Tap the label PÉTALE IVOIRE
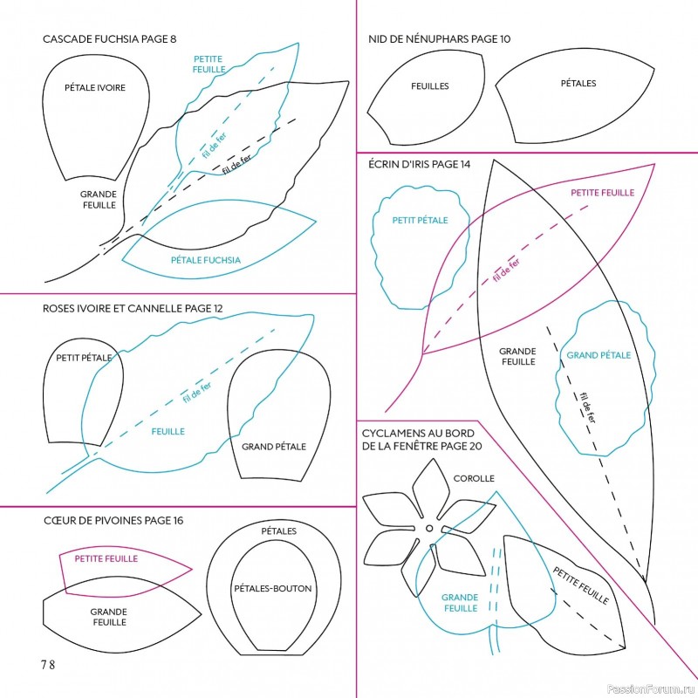(94, 87)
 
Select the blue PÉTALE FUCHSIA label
(206, 259)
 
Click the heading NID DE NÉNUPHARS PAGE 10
(440, 39)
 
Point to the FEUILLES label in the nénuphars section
(430, 86)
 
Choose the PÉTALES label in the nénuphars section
(578, 84)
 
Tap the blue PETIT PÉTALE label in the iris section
(420, 220)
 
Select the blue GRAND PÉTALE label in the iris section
(599, 355)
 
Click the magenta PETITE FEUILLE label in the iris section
(602, 192)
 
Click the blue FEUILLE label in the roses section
(168, 431)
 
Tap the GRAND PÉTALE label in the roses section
(274, 446)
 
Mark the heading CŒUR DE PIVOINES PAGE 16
(113, 521)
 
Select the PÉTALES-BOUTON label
(273, 589)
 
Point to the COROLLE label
(474, 478)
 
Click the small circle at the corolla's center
(429, 527)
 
